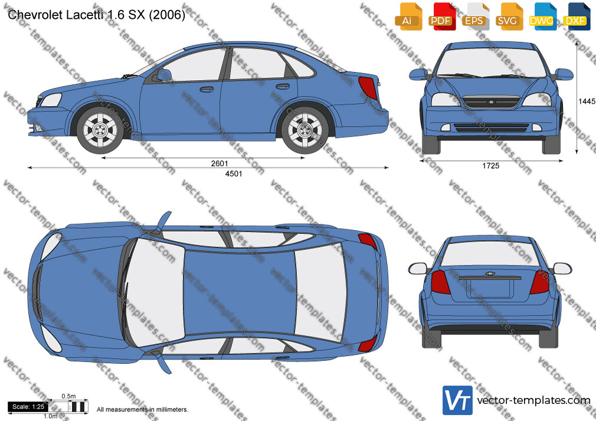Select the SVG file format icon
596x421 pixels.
click(509, 17)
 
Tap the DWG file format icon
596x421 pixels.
click(543, 17)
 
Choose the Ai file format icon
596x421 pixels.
click(408, 17)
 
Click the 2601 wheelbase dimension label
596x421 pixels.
click(220, 163)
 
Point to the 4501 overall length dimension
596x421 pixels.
click(234, 173)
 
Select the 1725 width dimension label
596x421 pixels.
click(491, 166)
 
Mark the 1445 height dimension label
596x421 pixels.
click(587, 101)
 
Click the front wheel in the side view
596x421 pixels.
click(100, 130)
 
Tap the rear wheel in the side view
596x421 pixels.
click(305, 130)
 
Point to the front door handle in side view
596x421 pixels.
click(207, 90)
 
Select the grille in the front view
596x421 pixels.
click(490, 102)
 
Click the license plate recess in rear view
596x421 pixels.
click(490, 288)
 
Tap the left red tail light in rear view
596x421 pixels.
click(440, 282)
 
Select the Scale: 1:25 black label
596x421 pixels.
click(28, 407)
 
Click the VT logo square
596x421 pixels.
click(458, 400)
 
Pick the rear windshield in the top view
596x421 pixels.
click(320, 292)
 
